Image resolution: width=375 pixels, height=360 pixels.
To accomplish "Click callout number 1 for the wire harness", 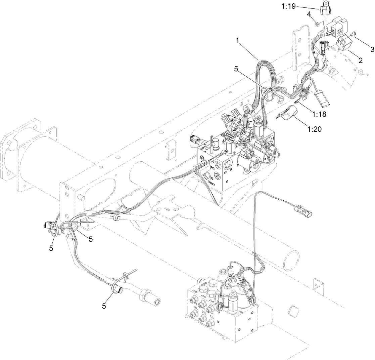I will click(237, 40).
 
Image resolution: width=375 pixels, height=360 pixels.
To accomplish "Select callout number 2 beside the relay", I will click(360, 61).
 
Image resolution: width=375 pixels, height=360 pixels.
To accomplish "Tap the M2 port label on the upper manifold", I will click(214, 162).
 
